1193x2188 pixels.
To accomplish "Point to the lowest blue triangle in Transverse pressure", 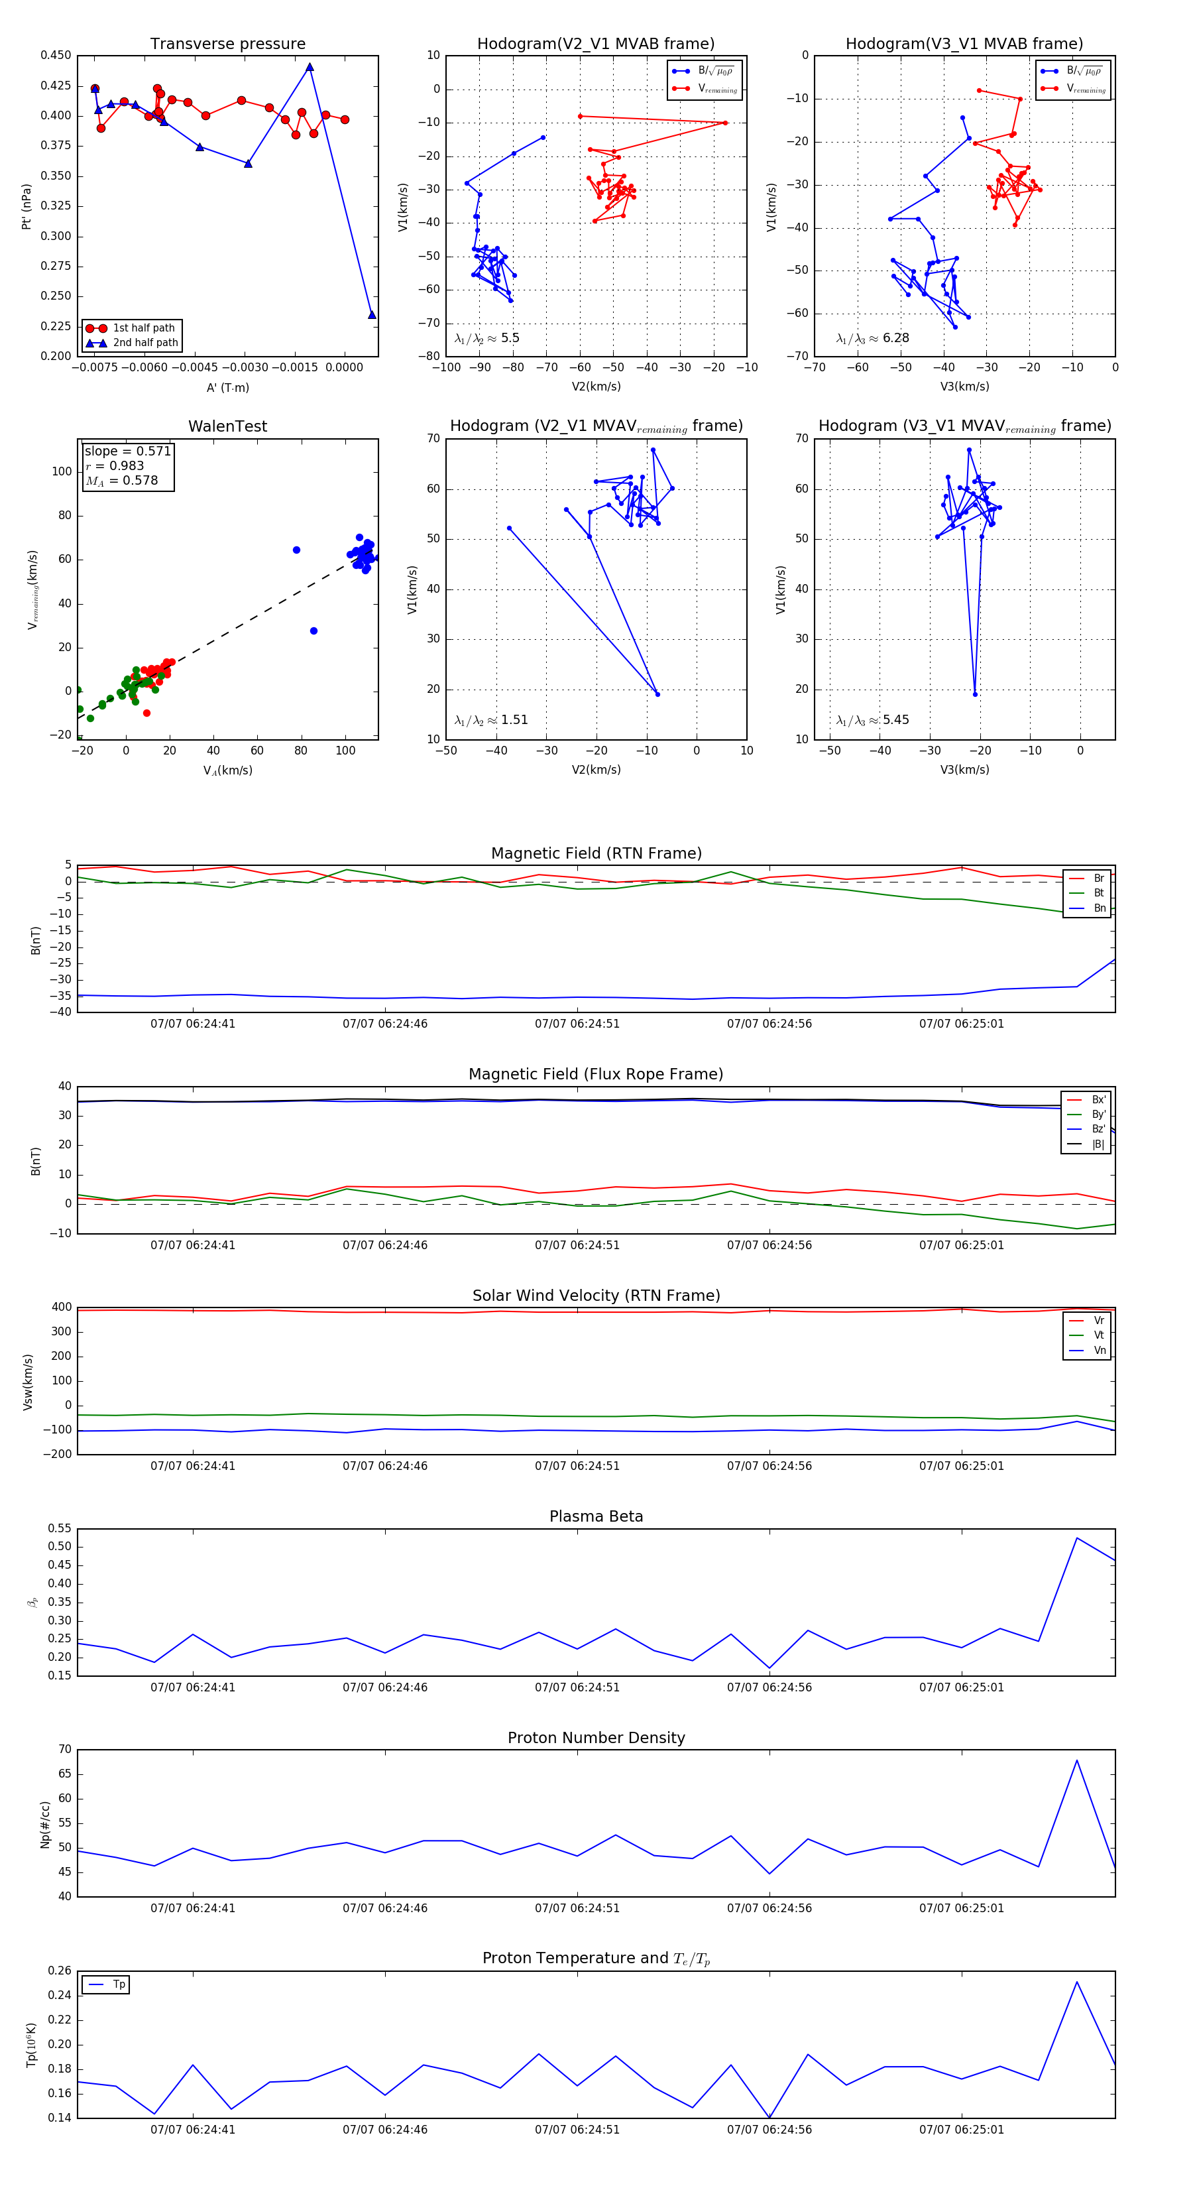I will pos(372,315).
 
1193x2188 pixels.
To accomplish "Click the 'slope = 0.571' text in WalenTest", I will pos(127,451).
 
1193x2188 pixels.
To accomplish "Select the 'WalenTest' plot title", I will pos(227,426).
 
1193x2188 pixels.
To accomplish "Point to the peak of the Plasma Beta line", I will pos(1076,1538).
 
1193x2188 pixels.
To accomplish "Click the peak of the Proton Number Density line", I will pos(1076,1760).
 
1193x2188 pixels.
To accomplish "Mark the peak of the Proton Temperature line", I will pos(1076,1982).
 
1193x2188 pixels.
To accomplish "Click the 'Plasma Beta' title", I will pos(596,1517).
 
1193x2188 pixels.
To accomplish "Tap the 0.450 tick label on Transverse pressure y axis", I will pos(56,55).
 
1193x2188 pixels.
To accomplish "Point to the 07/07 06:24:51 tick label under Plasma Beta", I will pos(577,1687).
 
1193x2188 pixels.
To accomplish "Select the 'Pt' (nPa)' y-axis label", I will pos(27,206).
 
